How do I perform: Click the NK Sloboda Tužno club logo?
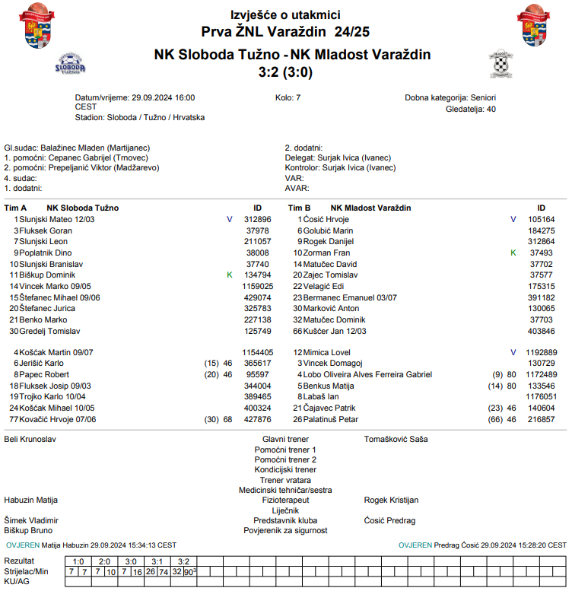(x=71, y=63)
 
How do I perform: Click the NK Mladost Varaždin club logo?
(x=500, y=64)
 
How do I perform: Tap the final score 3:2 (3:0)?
(x=285, y=72)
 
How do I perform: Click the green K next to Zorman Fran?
(x=513, y=253)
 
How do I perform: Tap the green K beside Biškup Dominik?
(x=229, y=275)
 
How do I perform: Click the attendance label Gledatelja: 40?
(x=470, y=109)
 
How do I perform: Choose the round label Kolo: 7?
(x=288, y=98)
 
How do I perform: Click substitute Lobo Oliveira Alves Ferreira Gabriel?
(x=367, y=375)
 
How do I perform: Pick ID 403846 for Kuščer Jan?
(x=541, y=331)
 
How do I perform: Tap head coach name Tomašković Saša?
(x=396, y=439)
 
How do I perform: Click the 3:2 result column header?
(x=183, y=561)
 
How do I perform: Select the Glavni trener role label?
(x=285, y=439)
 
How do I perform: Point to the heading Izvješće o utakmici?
(x=285, y=14)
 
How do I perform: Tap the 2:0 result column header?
(x=104, y=561)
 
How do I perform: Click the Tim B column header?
(x=299, y=208)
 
